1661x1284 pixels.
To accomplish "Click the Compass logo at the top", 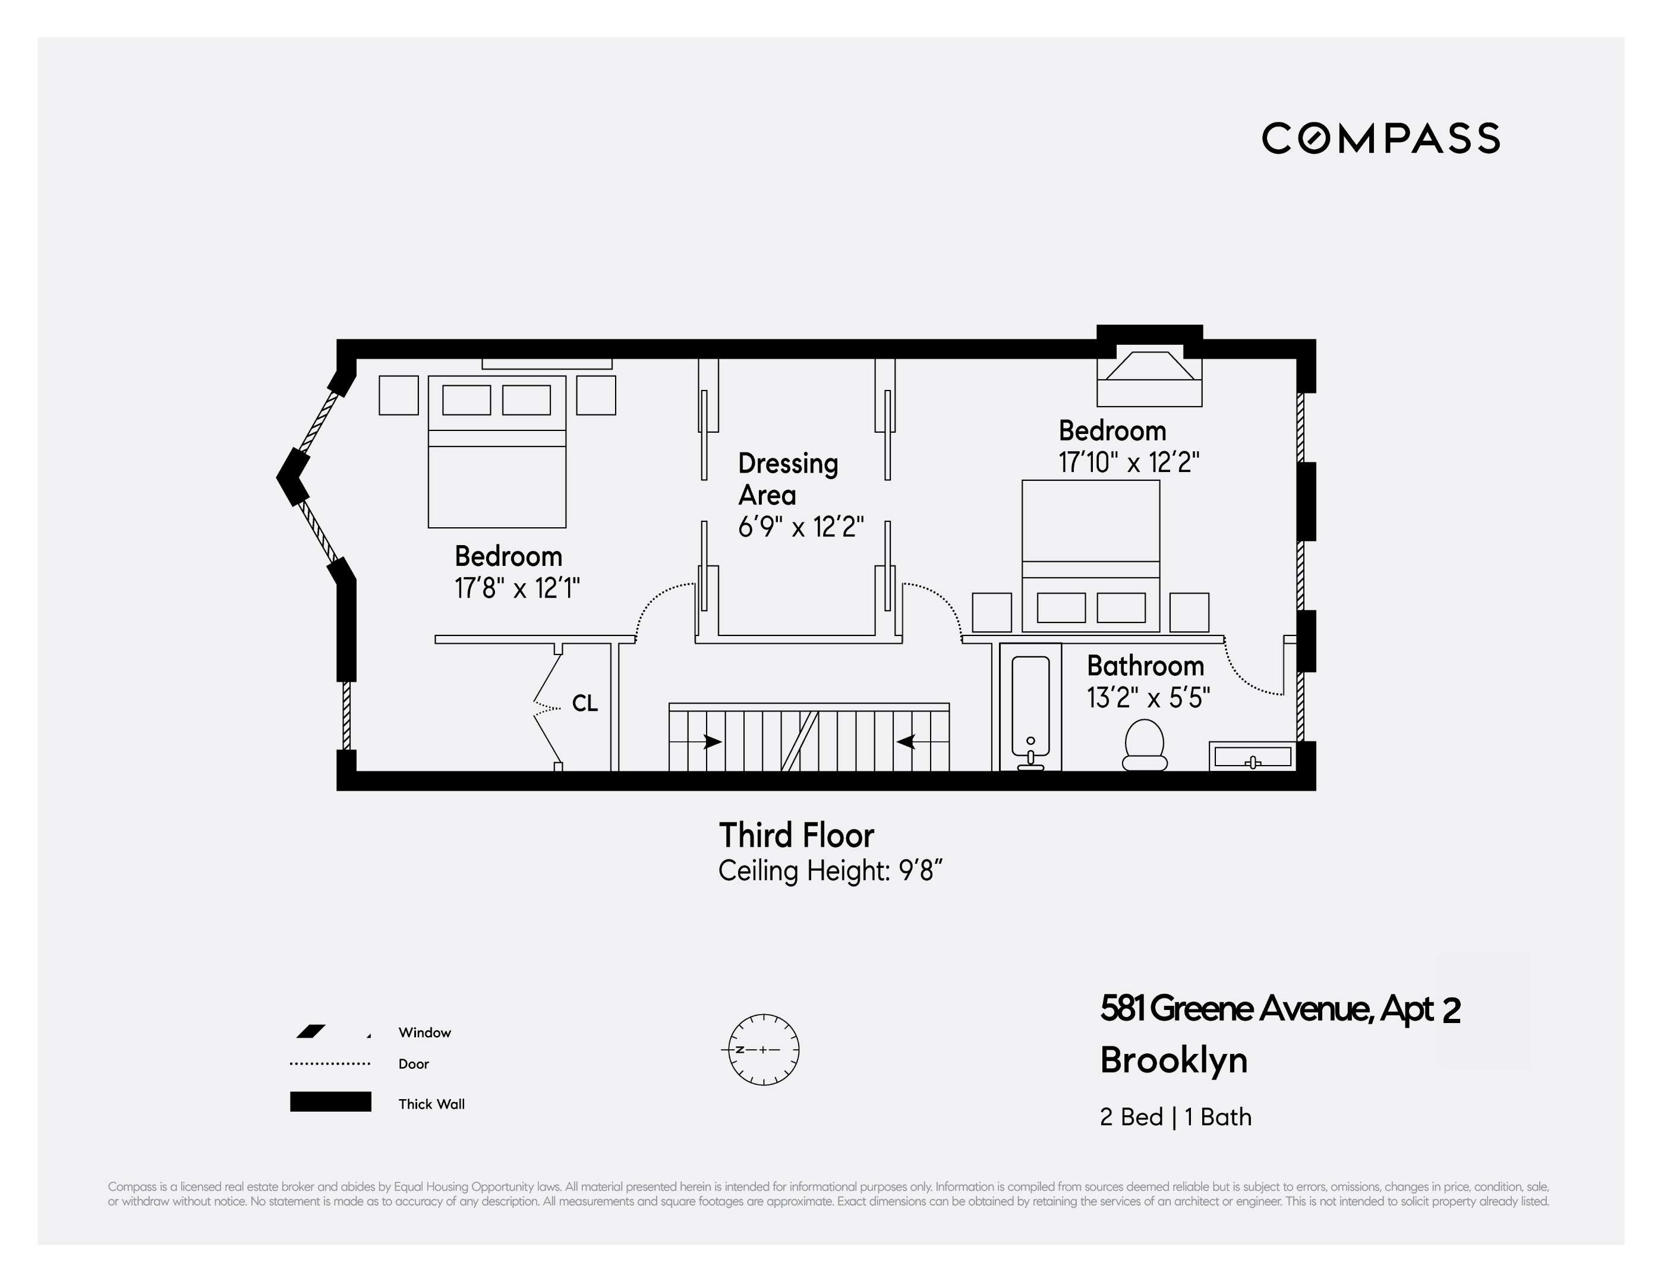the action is click(1381, 138).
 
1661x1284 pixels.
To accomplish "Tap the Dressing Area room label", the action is click(788, 479).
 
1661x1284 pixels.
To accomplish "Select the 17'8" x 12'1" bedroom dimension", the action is click(517, 588).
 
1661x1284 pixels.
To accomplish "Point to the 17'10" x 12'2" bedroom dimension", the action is click(1129, 462).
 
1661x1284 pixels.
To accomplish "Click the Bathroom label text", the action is click(1145, 666).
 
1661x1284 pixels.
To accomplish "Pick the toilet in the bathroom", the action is click(1145, 745).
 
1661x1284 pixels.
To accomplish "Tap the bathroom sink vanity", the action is click(1253, 757).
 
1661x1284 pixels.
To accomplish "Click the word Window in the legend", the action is click(424, 1032).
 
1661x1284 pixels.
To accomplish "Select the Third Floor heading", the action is click(796, 835).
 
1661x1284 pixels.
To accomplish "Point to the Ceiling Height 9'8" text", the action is click(831, 870).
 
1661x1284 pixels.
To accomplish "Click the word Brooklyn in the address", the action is click(1174, 1060).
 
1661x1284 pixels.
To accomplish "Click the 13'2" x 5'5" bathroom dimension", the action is click(1148, 697).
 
